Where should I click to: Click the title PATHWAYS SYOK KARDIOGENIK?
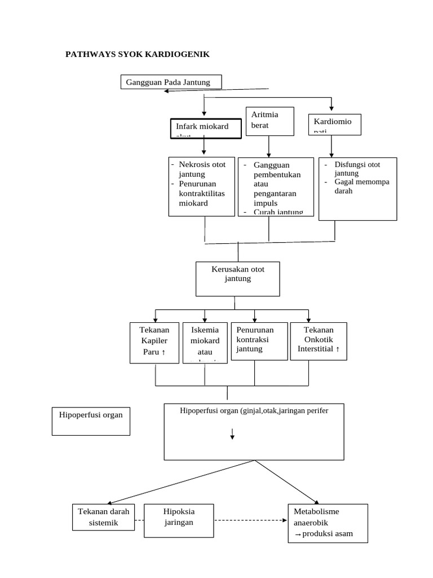138,54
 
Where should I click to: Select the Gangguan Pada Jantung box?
170,82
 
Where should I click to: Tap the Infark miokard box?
205,128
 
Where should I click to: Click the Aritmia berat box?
269,121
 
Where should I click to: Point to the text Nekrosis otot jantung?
202,169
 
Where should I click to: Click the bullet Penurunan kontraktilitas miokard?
202,194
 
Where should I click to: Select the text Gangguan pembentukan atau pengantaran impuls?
277,184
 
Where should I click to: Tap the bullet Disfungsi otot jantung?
358,169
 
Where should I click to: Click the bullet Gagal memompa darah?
361,186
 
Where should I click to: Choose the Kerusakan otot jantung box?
237,278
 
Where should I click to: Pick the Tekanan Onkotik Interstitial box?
318,340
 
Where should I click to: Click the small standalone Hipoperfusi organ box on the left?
91,421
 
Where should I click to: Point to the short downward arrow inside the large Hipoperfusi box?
232,433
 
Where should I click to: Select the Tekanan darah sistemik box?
104,517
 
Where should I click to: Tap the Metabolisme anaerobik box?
327,523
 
